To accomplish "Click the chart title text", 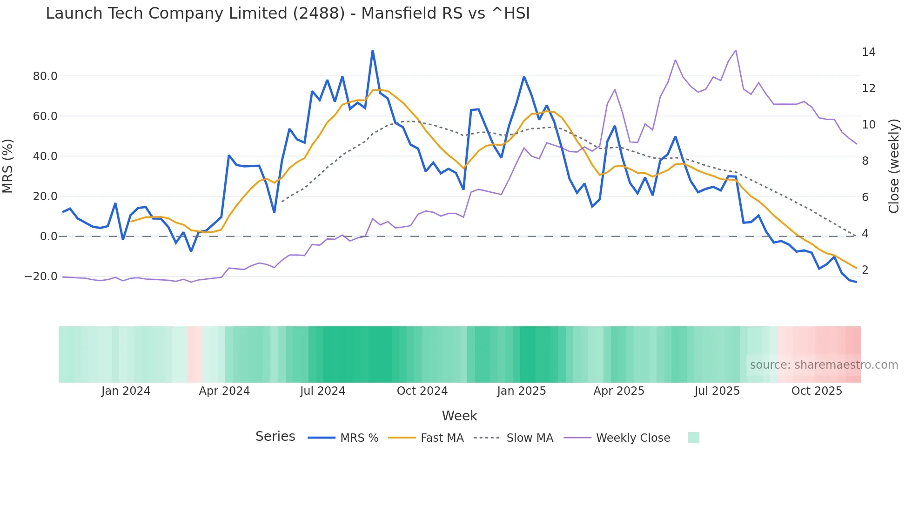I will [x=288, y=13].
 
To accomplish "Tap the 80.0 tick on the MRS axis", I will [x=45, y=76].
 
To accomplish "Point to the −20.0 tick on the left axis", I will [x=41, y=277].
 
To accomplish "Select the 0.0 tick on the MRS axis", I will [x=48, y=236].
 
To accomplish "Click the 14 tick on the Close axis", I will [x=868, y=52].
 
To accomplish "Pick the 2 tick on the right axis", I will [x=865, y=270].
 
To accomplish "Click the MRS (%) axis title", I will [x=8, y=166].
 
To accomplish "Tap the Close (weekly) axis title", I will [x=893, y=166].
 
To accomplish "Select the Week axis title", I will [x=459, y=416].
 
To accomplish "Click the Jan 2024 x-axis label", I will [x=126, y=391].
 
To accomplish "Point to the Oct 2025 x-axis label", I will [x=817, y=391].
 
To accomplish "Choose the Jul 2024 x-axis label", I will [x=322, y=391].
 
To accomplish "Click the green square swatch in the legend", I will [x=693, y=438].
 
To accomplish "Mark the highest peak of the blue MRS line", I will [x=373, y=51].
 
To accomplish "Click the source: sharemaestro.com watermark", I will [x=824, y=365].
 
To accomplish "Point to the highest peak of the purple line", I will [x=736, y=50].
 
